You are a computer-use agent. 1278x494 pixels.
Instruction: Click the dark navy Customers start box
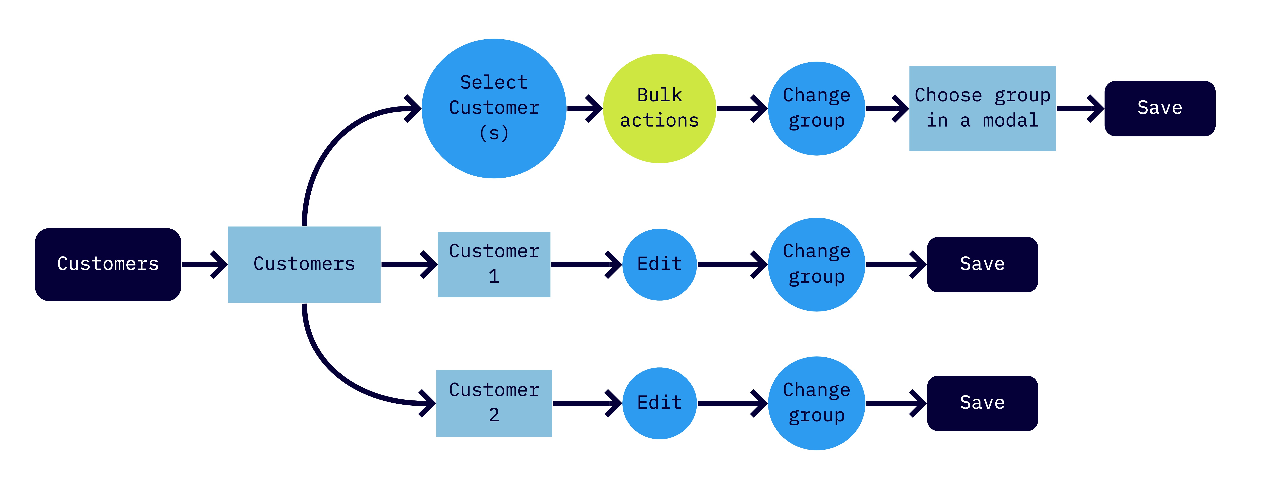[108, 264]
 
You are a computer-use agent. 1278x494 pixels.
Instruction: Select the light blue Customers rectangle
[304, 264]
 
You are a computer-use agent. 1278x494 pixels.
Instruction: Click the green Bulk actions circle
[659, 108]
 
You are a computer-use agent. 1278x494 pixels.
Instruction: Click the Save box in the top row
[1159, 108]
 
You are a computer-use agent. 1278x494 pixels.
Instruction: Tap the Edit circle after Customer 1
[659, 264]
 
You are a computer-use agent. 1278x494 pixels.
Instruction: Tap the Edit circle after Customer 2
[659, 403]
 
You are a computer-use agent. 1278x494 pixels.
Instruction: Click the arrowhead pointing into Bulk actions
[594, 108]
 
